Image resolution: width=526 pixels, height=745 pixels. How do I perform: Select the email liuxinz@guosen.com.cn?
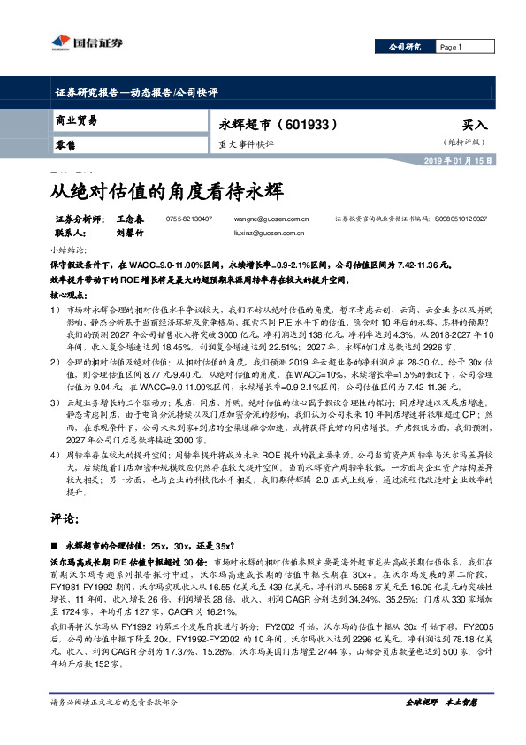point(277,233)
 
